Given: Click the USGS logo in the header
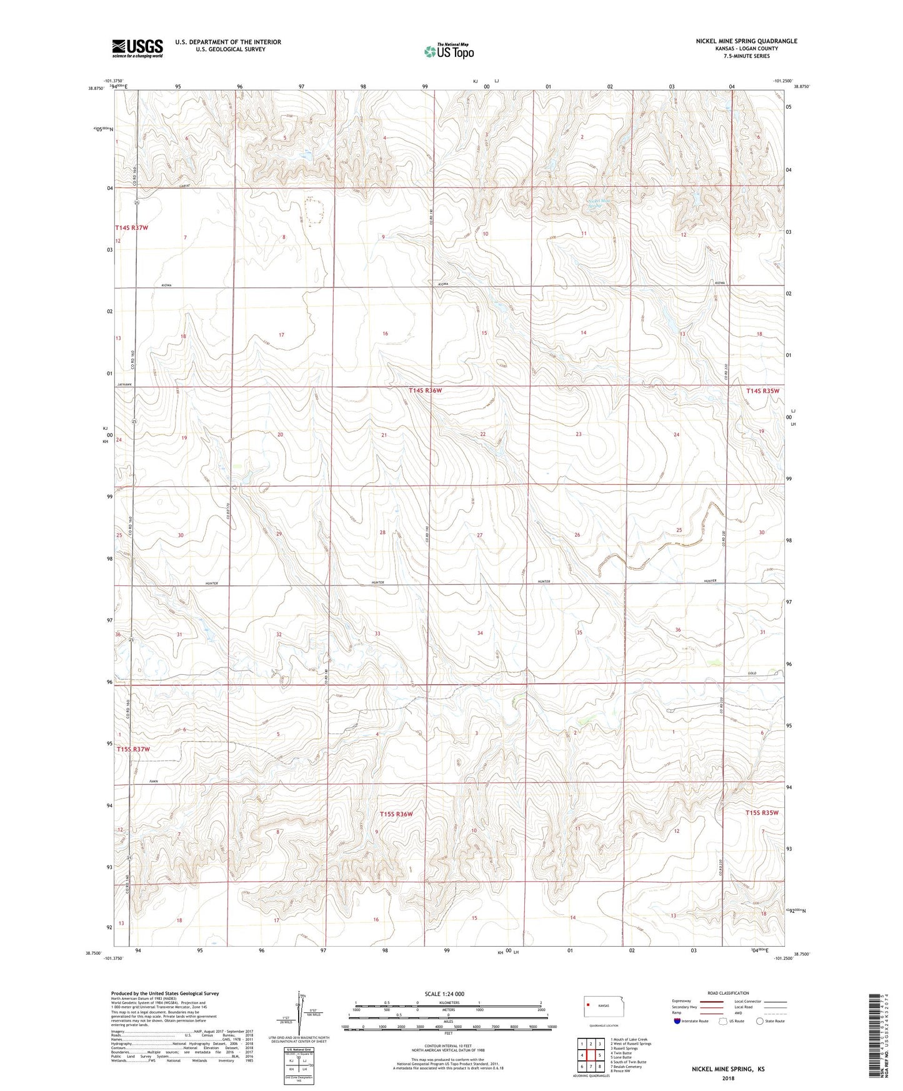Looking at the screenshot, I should pyautogui.click(x=137, y=48).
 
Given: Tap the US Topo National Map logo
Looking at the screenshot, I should pyautogui.click(x=449, y=51).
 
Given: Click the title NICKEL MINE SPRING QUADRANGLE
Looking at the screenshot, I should pyautogui.click(x=746, y=41).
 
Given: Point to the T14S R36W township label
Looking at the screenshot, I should pyautogui.click(x=425, y=391).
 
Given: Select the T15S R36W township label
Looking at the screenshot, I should pyautogui.click(x=396, y=814).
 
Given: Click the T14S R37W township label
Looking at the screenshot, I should pyautogui.click(x=131, y=228).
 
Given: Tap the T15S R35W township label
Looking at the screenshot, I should pyautogui.click(x=762, y=812).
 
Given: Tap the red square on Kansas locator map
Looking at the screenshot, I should pyautogui.click(x=588, y=1005).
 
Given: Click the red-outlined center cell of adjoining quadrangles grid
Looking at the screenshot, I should pyautogui.click(x=591, y=1055).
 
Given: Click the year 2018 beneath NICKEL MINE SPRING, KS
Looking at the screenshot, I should pyautogui.click(x=727, y=1078).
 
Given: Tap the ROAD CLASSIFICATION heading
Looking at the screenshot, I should pyautogui.click(x=728, y=993).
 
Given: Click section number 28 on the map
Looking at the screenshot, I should pyautogui.click(x=382, y=532).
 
